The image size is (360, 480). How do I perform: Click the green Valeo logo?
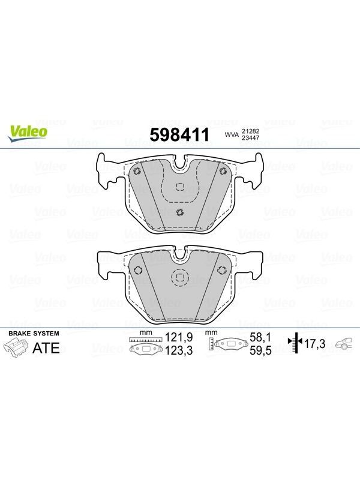click(x=28, y=134)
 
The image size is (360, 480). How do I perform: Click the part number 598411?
click(x=179, y=135)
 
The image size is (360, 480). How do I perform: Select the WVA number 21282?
click(x=251, y=131)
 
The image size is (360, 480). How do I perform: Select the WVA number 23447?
click(x=251, y=138)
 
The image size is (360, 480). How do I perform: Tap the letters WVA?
click(x=232, y=134)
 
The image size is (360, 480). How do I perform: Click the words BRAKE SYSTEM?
click(x=34, y=334)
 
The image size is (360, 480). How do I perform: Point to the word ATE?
click(x=46, y=348)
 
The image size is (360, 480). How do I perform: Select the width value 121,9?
click(x=179, y=337)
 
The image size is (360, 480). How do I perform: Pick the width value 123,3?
click(x=179, y=350)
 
